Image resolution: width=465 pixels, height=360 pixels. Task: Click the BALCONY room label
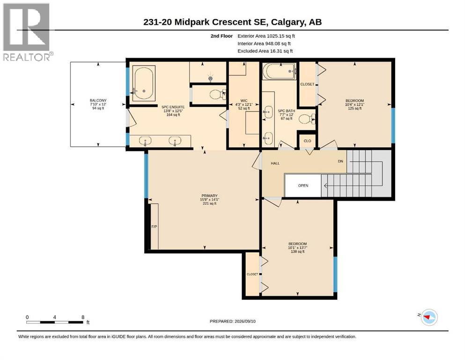[98, 101]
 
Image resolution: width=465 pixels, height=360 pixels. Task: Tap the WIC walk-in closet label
[244, 101]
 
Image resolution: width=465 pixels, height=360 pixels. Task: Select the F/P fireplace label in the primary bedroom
[154, 227]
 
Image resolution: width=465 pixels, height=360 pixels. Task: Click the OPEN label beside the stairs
[303, 186]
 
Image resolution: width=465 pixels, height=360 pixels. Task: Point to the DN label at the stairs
[340, 161]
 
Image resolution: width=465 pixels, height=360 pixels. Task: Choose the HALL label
[275, 163]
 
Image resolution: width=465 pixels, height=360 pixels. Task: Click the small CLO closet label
[308, 141]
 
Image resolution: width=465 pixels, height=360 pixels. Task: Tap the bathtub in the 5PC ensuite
[144, 83]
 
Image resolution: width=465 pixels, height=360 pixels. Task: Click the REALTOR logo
[27, 32]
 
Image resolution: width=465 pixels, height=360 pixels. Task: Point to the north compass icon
[428, 317]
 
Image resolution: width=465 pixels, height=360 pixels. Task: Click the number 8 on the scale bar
[83, 317]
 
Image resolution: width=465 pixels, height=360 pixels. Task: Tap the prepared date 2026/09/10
[245, 321]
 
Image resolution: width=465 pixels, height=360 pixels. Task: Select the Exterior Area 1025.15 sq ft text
[266, 36]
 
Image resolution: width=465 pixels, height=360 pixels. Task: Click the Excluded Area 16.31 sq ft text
[265, 51]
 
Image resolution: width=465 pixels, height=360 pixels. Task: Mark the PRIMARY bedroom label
[209, 195]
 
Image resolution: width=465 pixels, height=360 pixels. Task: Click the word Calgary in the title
[288, 22]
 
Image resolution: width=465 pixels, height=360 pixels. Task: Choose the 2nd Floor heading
[221, 36]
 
